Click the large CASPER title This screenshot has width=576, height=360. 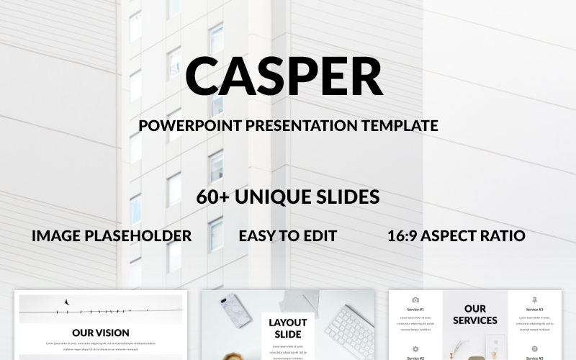(284, 76)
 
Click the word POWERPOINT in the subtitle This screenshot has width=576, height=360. (189, 125)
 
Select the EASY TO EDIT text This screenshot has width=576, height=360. (288, 235)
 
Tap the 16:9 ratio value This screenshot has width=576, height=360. (405, 235)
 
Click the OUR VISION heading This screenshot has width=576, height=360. (101, 333)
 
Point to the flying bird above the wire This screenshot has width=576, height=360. (67, 303)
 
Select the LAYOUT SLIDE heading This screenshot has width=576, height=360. (288, 328)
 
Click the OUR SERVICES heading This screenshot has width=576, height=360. (475, 315)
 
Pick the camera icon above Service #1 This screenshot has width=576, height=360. (415, 300)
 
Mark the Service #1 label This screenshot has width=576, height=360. (415, 309)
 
